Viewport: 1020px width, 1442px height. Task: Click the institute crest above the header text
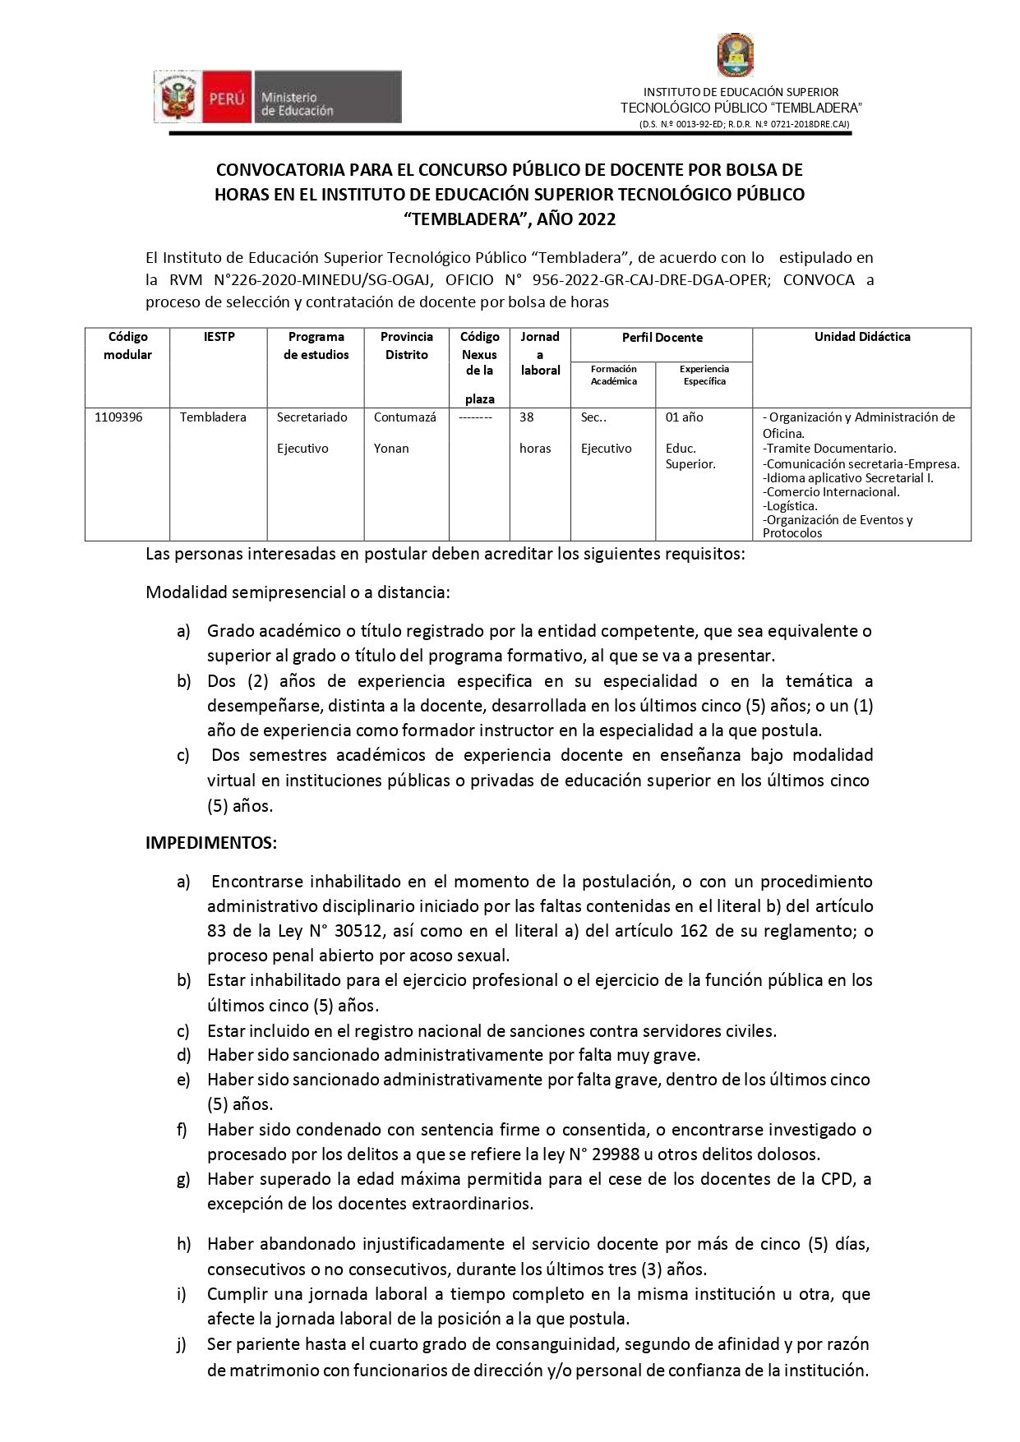tap(736, 56)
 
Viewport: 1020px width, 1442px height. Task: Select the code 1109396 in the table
tap(118, 417)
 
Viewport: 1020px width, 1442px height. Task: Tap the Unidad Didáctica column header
tap(861, 337)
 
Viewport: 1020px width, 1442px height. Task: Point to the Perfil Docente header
tap(662, 338)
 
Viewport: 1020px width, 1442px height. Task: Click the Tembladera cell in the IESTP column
tap(213, 417)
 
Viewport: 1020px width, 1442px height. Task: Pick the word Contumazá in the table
tap(404, 417)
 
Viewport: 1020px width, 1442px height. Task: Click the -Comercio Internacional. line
tap(831, 492)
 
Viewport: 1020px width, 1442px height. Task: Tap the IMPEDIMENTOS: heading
tap(211, 843)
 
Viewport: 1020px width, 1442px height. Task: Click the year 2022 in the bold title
tap(596, 219)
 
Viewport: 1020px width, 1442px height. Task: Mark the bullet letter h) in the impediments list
tap(183, 1244)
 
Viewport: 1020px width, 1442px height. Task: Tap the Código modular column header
tap(127, 346)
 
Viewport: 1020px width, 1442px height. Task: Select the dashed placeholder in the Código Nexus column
tap(475, 417)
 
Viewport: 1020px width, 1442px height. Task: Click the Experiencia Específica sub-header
tap(704, 375)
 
